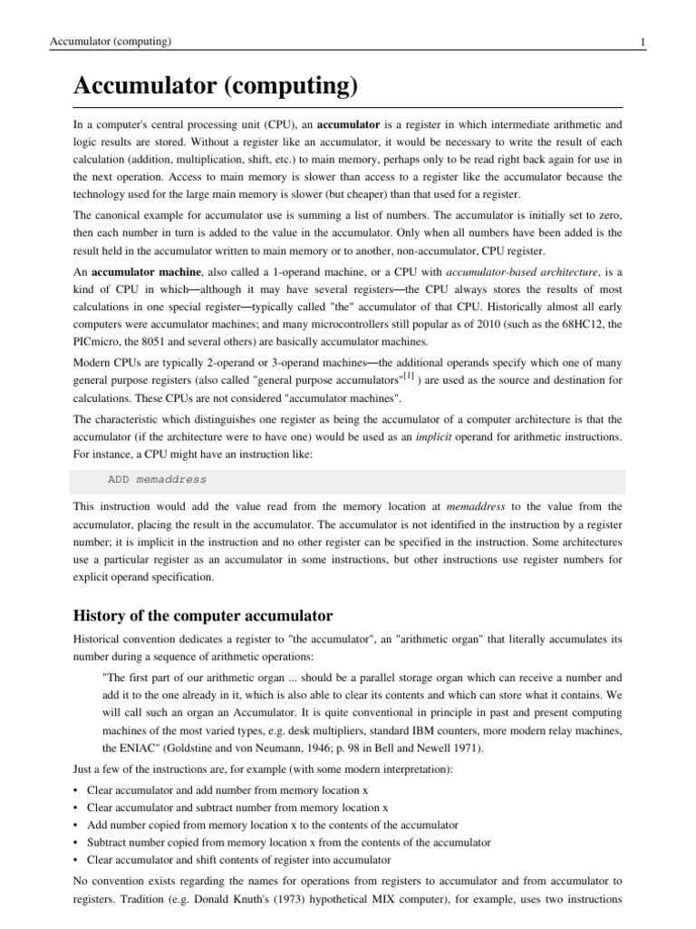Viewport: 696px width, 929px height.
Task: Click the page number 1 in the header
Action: (x=642, y=42)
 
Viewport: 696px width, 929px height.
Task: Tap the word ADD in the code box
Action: (x=119, y=479)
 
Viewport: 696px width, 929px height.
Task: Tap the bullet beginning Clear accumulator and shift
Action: (x=238, y=859)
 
